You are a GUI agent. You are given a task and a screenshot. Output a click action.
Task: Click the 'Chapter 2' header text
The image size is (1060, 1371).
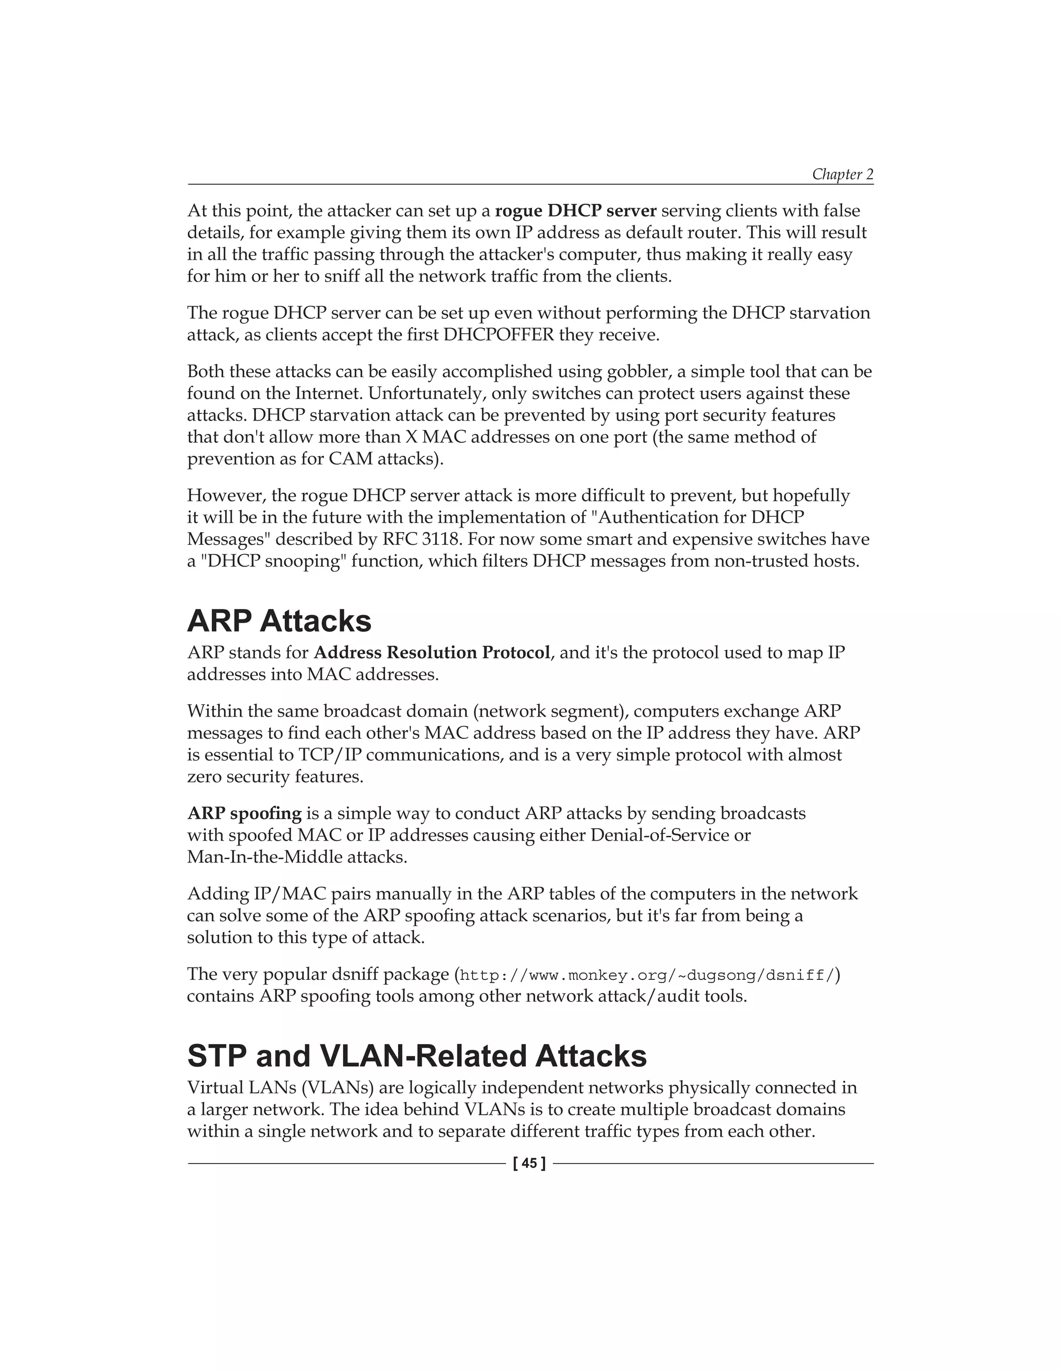coord(842,174)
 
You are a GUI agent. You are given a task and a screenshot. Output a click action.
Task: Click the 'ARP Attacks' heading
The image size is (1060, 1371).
coord(279,621)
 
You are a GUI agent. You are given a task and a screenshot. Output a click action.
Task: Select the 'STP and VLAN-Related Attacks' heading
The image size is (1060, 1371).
coord(416,1056)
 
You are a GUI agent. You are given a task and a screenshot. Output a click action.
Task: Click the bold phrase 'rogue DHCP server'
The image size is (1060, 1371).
coord(575,211)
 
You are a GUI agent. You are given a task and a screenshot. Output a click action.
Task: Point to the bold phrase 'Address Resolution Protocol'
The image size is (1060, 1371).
coord(432,653)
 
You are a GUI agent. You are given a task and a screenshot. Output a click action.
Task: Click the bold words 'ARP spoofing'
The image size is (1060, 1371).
coord(244,814)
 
